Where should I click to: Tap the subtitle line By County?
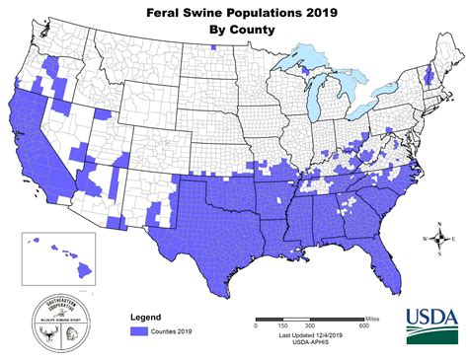(233, 31)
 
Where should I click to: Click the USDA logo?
(430, 322)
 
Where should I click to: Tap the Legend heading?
(146, 317)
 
